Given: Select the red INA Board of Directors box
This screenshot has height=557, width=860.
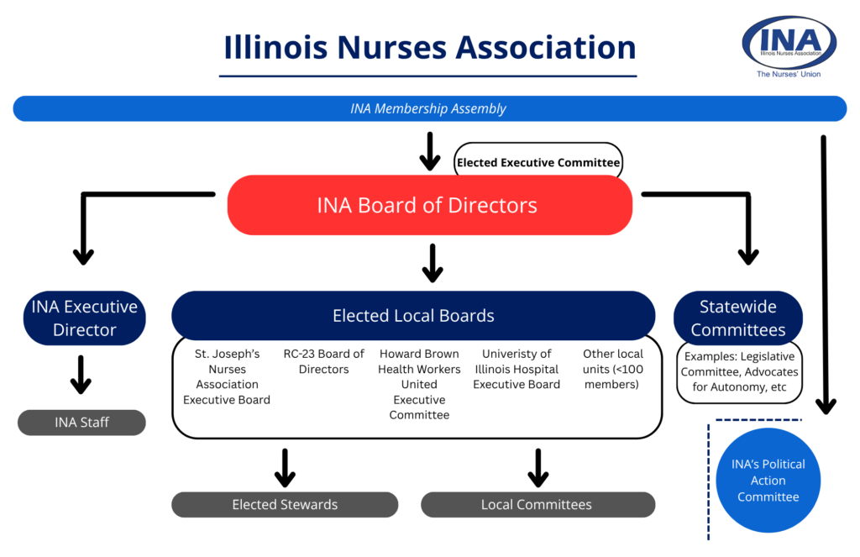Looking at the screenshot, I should point(428,205).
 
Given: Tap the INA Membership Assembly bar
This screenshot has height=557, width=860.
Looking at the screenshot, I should point(428,108).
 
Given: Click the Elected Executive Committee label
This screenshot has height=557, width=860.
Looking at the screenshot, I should point(538,162).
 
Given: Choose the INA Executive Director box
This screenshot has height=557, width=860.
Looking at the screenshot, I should point(84,318).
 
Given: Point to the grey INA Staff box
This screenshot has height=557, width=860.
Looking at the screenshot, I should point(81,422).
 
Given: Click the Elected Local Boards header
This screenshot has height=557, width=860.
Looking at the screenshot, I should point(413,316).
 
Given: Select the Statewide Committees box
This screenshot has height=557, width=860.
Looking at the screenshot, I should point(738,318).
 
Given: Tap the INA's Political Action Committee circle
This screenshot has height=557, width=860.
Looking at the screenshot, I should point(768,481).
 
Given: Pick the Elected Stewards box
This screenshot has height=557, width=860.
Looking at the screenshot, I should point(285,504).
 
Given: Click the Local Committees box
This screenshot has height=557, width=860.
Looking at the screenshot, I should point(537,504).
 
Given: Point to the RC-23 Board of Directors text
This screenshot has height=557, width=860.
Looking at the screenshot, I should point(323,361).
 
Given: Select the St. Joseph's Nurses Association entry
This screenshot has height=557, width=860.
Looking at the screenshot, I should point(227,376).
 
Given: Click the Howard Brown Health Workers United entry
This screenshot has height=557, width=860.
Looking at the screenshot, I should point(419,384).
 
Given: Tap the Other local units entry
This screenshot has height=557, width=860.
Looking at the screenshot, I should point(613,369).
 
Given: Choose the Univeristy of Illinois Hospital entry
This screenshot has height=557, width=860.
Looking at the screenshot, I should point(517,369).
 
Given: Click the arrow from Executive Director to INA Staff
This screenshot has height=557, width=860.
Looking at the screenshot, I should point(81,375).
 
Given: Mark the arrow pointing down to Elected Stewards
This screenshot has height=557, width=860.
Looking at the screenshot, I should point(285,467).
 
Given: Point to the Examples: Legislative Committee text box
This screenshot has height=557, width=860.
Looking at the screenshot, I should point(739,371).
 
